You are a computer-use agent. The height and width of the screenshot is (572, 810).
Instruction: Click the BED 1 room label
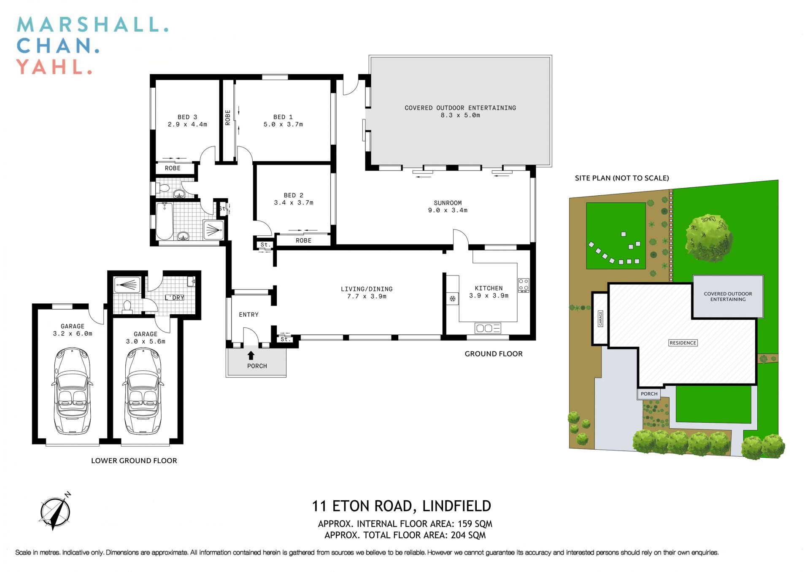click(283, 117)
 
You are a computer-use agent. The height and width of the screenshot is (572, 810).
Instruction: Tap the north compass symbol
click(55, 511)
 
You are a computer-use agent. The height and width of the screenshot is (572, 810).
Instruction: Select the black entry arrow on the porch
click(251, 355)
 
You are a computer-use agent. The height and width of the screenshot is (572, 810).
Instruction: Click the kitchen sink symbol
click(488, 328)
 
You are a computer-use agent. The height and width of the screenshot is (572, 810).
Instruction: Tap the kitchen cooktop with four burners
click(524, 285)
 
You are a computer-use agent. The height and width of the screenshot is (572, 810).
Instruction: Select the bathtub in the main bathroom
click(165, 221)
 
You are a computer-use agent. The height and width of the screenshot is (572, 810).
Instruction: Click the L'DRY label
click(175, 298)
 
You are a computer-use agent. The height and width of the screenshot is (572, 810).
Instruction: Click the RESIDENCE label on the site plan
click(683, 343)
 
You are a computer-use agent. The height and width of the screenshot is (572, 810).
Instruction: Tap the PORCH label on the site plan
click(649, 394)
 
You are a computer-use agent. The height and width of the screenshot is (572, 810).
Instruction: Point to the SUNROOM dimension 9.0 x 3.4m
click(448, 210)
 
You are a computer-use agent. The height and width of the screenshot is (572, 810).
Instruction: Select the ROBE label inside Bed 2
click(303, 240)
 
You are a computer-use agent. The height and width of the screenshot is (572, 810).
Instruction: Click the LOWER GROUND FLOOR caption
click(134, 461)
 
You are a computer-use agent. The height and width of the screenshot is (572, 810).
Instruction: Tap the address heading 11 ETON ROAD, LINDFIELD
click(401, 506)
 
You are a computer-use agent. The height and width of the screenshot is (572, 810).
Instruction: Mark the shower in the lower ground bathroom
click(127, 285)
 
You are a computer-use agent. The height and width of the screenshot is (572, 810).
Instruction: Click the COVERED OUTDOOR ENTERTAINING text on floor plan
click(460, 108)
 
